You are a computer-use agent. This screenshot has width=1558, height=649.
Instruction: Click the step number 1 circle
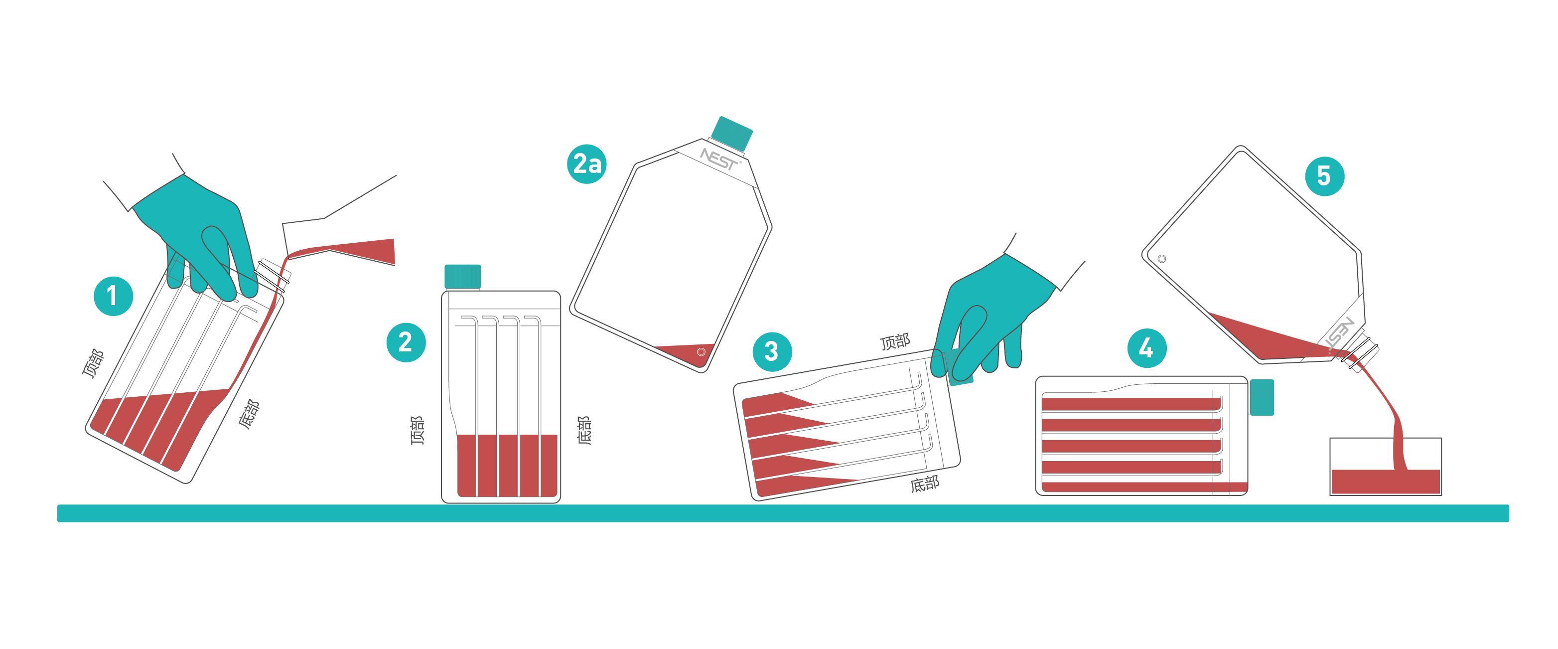pyautogui.click(x=113, y=296)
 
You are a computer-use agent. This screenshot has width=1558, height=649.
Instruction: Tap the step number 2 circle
pyautogui.click(x=406, y=342)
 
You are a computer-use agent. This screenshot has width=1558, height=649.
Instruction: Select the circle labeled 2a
pyautogui.click(x=586, y=164)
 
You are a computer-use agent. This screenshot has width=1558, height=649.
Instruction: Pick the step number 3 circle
pyautogui.click(x=772, y=351)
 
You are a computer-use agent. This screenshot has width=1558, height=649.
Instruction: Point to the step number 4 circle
pyautogui.click(x=1147, y=348)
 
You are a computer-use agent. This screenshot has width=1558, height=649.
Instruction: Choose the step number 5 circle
pyautogui.click(x=1324, y=176)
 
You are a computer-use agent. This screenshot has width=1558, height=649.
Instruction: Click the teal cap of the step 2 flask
pyautogui.click(x=463, y=277)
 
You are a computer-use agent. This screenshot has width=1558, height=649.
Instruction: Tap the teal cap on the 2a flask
pyautogui.click(x=732, y=133)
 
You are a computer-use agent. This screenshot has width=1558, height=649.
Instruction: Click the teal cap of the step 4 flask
pyautogui.click(x=1262, y=397)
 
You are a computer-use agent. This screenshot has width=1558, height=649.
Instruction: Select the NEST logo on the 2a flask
pyautogui.click(x=720, y=159)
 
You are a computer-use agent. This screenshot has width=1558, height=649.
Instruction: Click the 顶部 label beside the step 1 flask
pyautogui.click(x=93, y=363)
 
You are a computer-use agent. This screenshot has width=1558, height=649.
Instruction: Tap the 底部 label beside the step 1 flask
pyautogui.click(x=249, y=414)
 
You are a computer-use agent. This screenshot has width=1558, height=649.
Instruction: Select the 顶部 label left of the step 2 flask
pyautogui.click(x=418, y=430)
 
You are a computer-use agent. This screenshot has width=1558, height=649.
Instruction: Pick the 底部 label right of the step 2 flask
pyautogui.click(x=584, y=430)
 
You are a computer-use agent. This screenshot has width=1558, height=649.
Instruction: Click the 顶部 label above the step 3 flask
pyautogui.click(x=895, y=342)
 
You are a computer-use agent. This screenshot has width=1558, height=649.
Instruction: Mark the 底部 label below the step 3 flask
pyautogui.click(x=925, y=484)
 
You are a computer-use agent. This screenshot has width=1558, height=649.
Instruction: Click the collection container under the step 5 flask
pyautogui.click(x=1386, y=467)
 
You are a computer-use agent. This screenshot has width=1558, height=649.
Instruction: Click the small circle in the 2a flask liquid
pyautogui.click(x=702, y=352)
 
